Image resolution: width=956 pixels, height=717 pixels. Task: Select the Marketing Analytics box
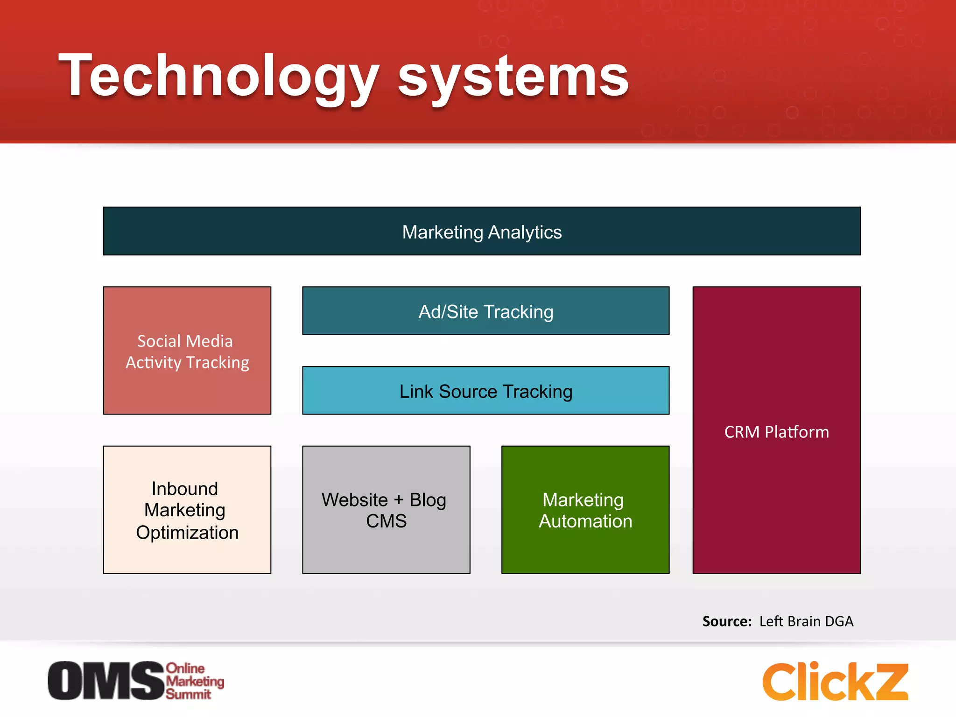[x=482, y=232]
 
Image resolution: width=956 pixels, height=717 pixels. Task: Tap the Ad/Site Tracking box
[x=485, y=311]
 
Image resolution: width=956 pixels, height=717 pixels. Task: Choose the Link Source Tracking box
[x=485, y=391]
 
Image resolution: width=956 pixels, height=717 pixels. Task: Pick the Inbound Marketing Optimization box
[x=187, y=510]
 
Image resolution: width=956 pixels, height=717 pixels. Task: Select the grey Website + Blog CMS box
[x=386, y=510]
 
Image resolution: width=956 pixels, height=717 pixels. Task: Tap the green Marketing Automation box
[x=585, y=510]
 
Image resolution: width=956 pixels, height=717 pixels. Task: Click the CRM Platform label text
[x=776, y=432]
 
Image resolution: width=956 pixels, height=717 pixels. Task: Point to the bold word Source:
[x=727, y=621]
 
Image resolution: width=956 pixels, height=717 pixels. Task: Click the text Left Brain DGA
[x=806, y=621]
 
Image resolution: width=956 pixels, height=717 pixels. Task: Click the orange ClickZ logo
[x=835, y=682]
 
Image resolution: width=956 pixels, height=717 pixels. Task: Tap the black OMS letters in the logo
[x=106, y=681]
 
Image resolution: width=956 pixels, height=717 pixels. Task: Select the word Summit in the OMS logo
[x=188, y=694]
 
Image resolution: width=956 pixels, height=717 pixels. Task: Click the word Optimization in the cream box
[x=187, y=533]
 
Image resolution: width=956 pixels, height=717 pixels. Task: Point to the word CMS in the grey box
[x=386, y=521]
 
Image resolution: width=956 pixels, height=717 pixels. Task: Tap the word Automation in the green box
[x=585, y=521]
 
